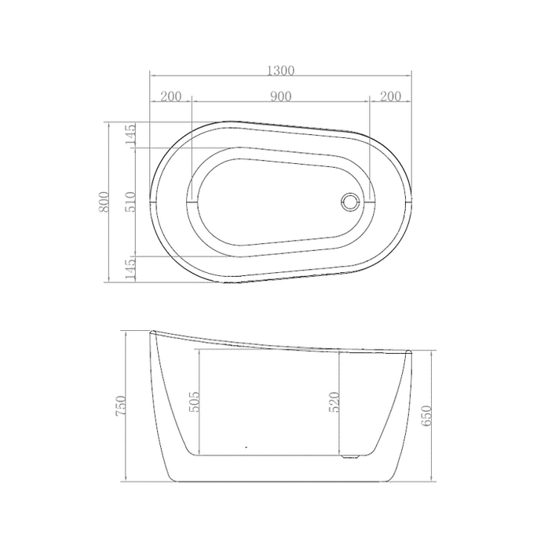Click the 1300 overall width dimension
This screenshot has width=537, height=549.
[x=280, y=71]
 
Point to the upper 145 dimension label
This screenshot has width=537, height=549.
[x=130, y=135]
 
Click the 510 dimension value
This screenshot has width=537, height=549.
[x=130, y=202]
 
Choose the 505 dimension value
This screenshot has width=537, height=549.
[x=195, y=402]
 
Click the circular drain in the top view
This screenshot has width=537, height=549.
[x=349, y=202]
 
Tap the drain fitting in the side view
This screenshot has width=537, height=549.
[x=349, y=453]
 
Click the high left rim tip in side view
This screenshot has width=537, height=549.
[x=153, y=333]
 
